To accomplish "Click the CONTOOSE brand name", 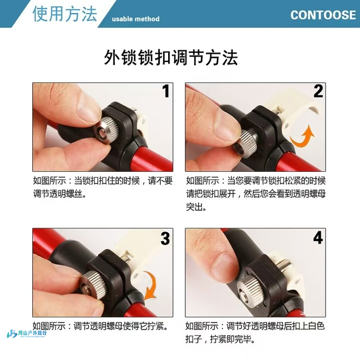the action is point(323,15).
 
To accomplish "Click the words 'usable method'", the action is point(136,19).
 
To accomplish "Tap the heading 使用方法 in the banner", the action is point(65,14).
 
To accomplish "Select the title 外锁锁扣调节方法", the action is point(171,57).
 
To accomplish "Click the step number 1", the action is point(166,91).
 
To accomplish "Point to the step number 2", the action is point(318,91).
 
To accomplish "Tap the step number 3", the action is point(165,238).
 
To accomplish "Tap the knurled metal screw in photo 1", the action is point(106,130).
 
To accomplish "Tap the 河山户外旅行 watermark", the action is point(27,333).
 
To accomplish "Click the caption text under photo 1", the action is point(103,187).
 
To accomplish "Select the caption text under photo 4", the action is point(255,332).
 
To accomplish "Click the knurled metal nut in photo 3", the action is point(94,285).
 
